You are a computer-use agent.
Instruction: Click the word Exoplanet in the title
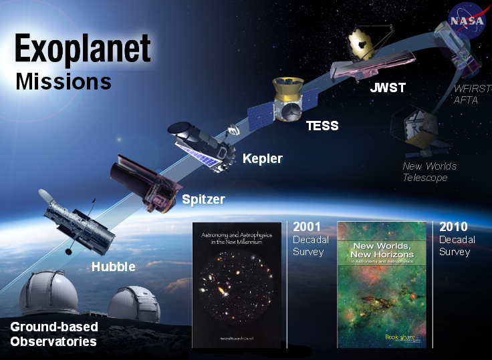[x=83, y=51]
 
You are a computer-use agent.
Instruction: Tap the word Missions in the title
[x=63, y=81]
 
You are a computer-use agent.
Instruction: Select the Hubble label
[x=113, y=266]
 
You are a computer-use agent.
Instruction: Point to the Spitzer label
[x=203, y=199]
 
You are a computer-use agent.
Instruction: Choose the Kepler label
[x=262, y=159]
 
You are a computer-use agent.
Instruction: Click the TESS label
[x=322, y=126]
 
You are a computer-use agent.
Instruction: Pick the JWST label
[x=388, y=88]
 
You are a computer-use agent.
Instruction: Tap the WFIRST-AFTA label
[x=472, y=94]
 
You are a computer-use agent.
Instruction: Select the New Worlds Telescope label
[x=429, y=172]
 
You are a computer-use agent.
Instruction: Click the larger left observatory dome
[x=49, y=293]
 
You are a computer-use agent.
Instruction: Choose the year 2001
[x=306, y=227]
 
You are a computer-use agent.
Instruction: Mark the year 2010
[x=453, y=227]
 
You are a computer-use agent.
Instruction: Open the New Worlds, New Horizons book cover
[x=383, y=285]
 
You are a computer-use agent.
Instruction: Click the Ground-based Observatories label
[x=53, y=334]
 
